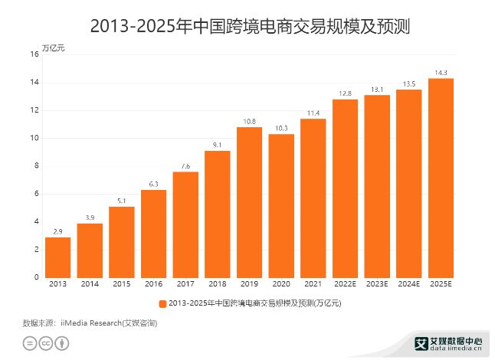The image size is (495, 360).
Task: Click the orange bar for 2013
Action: [57, 257]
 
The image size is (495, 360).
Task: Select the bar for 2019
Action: [249, 202]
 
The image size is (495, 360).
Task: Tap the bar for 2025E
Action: [441, 178]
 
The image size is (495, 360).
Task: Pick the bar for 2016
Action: [153, 234]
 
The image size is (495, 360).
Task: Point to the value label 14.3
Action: [441, 73]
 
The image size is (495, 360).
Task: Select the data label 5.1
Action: [121, 201]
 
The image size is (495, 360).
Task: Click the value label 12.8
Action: [345, 93]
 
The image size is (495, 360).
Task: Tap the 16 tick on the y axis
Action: [34, 54]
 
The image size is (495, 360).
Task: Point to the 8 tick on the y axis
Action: [36, 166]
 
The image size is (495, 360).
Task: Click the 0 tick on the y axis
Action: [36, 277]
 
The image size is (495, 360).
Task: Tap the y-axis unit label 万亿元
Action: [53, 47]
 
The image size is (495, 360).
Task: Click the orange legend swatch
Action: [162, 303]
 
